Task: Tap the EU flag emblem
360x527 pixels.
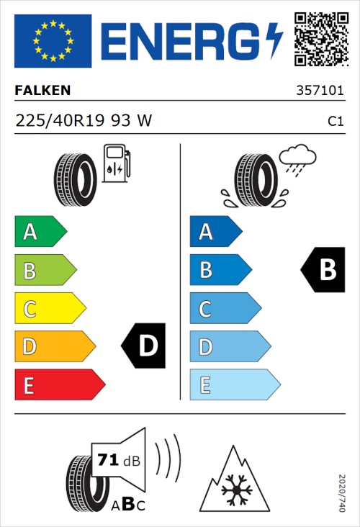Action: (53, 41)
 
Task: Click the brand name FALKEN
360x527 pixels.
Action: (43, 91)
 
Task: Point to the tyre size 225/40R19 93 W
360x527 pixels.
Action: (84, 121)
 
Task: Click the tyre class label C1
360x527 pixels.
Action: (335, 122)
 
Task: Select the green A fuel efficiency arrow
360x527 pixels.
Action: (40, 232)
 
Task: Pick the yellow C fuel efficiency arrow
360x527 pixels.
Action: (49, 308)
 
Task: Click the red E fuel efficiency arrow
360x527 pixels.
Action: (59, 385)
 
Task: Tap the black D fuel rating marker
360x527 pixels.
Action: (144, 346)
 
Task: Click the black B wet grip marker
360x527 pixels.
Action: (323, 270)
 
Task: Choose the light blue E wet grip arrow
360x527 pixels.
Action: (234, 385)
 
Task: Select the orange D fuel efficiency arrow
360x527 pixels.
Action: (54, 346)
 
